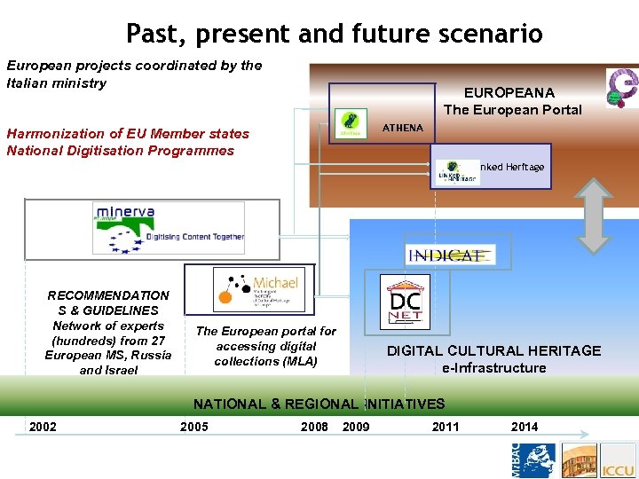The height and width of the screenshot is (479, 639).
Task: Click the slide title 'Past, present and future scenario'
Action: pos(334,33)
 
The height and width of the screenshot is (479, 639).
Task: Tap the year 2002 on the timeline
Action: pos(43,427)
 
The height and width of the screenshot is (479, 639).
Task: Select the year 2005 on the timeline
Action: pos(193,427)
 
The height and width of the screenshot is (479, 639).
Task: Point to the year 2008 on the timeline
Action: pos(314,427)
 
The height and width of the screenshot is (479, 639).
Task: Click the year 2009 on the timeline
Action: pos(356,427)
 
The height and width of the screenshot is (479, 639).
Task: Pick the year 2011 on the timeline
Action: pos(446,427)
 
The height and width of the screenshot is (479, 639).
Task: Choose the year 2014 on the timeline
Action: pos(524,427)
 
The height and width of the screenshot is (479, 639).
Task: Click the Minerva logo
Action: pos(169,228)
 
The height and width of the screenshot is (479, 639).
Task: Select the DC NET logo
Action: pos(405,302)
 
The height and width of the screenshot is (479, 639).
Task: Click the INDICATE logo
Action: pos(451,255)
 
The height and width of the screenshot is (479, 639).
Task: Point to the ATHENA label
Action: pos(403,128)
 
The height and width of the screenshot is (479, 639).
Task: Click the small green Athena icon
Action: pos(350,124)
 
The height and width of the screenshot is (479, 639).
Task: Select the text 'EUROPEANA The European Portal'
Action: pos(512,101)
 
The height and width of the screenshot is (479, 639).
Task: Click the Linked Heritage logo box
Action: pos(491,168)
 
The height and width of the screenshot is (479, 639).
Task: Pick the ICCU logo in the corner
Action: pos(617,462)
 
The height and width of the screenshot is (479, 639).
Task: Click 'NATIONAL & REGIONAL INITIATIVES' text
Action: pos(319,404)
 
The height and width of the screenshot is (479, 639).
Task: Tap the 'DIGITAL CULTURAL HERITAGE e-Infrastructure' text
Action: pos(493,359)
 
